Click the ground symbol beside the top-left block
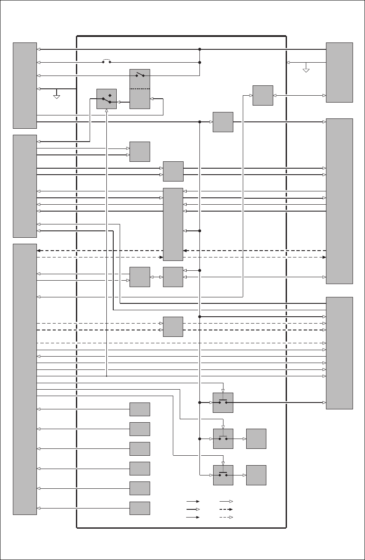point(57,95)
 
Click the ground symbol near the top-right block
point(306,69)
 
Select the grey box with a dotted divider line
point(140,88)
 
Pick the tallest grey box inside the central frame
point(173,224)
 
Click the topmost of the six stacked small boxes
point(140,409)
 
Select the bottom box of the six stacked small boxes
point(140,508)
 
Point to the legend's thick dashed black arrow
point(226,509)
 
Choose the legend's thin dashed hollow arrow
point(226,518)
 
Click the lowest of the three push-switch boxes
point(223,475)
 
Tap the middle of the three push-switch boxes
point(223,439)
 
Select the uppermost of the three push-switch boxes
point(223,403)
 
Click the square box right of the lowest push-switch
point(256,475)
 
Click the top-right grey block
point(339,72)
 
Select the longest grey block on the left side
point(25,379)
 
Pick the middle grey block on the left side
point(25,186)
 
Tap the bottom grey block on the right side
point(339,353)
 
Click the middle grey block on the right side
point(339,201)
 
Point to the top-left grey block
point(25,85)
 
